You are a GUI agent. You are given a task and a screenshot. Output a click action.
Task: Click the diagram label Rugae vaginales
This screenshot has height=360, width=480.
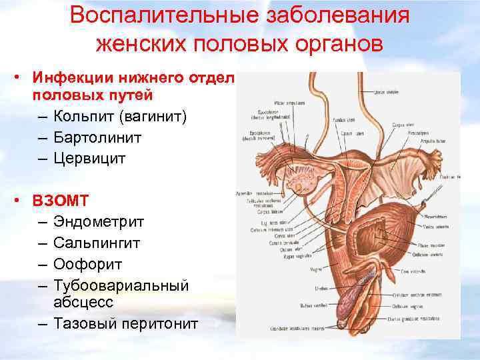click(x=294, y=256)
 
